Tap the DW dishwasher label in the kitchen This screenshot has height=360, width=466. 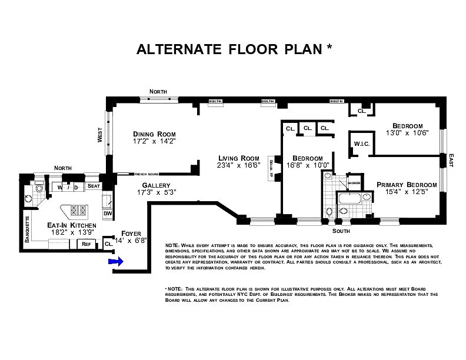coord(108,214)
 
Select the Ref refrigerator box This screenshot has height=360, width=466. coord(86,244)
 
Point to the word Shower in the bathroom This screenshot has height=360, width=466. coord(353,183)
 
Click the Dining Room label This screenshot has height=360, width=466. coord(154,134)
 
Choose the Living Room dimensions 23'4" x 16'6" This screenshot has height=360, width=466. coord(239,166)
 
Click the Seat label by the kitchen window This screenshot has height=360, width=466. coord(94,186)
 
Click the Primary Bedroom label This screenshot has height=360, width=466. coord(407,185)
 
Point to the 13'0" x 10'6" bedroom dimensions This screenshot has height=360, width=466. coord(408,134)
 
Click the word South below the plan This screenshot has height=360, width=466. coord(330,231)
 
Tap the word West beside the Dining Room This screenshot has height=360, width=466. coord(99,136)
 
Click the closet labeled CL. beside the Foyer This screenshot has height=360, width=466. coord(108,243)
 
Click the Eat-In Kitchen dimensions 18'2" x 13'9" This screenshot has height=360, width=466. coord(71,233)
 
